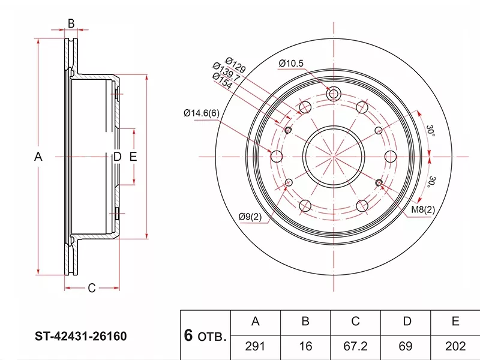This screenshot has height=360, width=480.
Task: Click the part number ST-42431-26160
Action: pos(80,337)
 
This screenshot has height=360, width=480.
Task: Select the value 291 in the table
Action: pos(255,346)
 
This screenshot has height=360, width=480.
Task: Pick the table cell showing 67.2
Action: pos(355,346)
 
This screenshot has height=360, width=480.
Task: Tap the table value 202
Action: pos(457,346)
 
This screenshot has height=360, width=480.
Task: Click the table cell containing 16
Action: pos(305,346)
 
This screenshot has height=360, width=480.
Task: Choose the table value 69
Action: pos(406,346)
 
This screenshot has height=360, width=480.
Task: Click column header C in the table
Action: pos(355,322)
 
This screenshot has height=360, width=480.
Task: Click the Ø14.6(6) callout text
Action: pos(202,113)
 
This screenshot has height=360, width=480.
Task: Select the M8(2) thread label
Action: pos(422,209)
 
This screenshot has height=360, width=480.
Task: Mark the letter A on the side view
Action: pos(38,157)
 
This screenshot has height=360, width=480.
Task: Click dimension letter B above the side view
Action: pos(71,23)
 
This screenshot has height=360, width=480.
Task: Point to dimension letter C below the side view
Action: pos(91,289)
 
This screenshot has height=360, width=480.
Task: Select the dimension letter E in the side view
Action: pos(134,157)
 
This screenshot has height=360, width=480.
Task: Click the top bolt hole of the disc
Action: pos(334,94)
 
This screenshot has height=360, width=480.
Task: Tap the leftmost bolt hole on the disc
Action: pos(277,157)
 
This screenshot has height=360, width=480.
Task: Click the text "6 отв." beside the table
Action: pos(205,336)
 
